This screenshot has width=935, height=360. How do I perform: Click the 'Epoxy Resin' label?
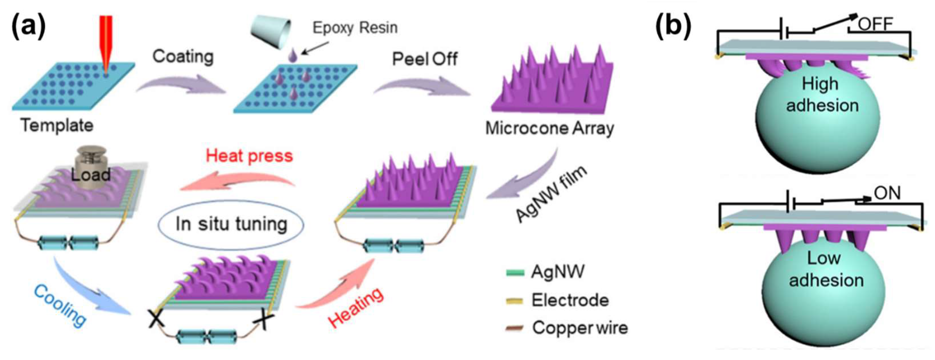pyautogui.click(x=355, y=28)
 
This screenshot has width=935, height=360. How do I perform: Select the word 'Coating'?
pyautogui.click(x=183, y=57)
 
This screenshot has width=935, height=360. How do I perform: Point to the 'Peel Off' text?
pyautogui.click(x=425, y=59)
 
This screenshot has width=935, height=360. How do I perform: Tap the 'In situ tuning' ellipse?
pyautogui.click(x=231, y=224)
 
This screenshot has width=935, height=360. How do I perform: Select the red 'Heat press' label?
pyautogui.click(x=249, y=156)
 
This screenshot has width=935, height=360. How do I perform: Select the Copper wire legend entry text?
pyautogui.click(x=580, y=328)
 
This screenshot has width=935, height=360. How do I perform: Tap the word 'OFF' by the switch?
pyautogui.click(x=875, y=25)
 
